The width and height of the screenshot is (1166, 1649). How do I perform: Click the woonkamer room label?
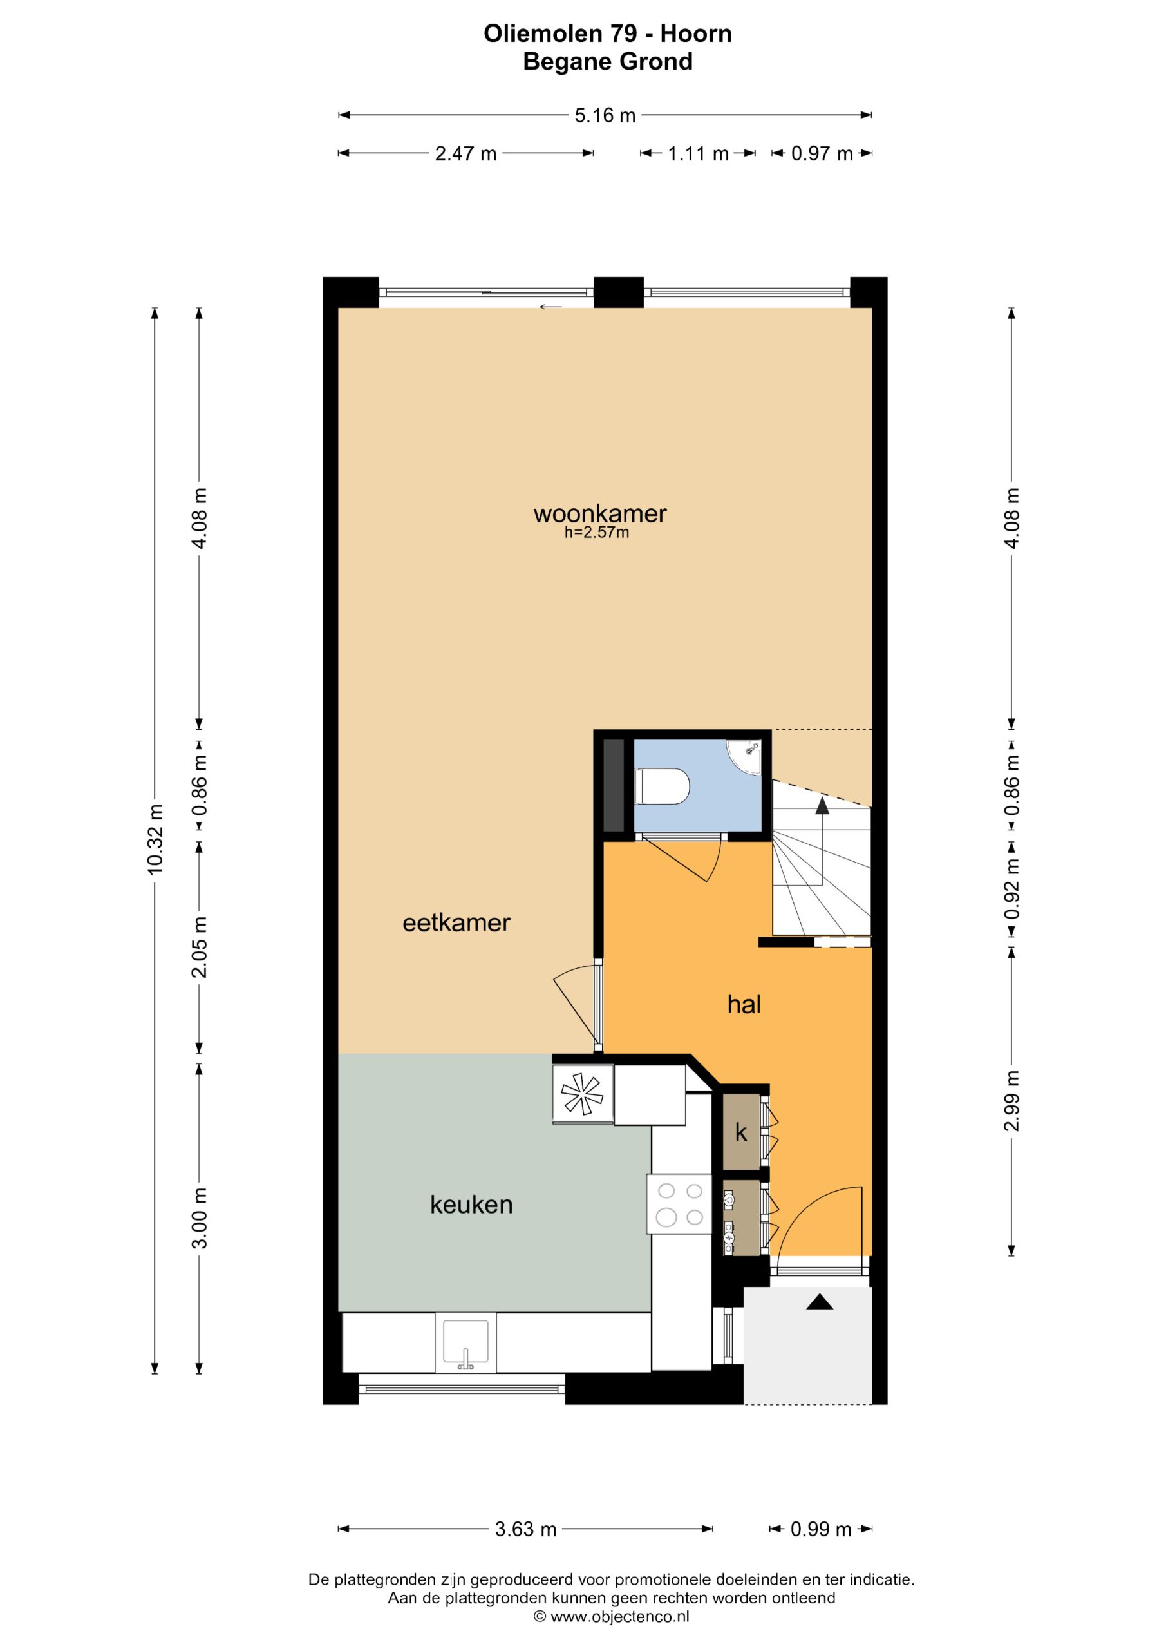tap(599, 513)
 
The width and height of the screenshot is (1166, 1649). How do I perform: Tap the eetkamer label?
tap(456, 923)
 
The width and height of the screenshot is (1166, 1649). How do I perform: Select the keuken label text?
tap(471, 1205)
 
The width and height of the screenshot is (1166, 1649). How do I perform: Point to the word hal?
tap(744, 1004)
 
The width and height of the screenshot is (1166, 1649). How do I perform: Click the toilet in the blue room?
tap(662, 786)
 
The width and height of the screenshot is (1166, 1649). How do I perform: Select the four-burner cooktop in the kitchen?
tap(679, 1204)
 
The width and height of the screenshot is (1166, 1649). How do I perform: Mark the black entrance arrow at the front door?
tap(819, 1301)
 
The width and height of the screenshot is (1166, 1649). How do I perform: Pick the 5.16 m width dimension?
tap(605, 115)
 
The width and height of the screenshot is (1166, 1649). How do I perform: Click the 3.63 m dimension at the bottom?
tap(525, 1529)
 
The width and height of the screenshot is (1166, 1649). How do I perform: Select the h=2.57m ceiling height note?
tap(597, 532)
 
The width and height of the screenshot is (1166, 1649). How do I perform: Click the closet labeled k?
tap(741, 1132)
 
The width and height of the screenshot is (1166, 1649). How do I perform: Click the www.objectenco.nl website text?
tap(611, 1617)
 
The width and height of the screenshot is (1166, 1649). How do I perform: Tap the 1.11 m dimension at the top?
tap(698, 154)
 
